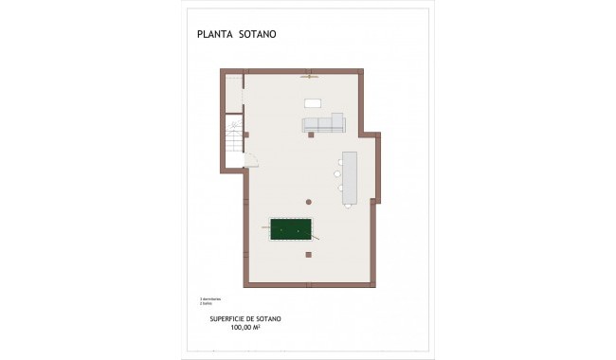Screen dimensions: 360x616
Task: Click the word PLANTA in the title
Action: [x=216, y=37]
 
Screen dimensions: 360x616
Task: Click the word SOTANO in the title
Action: [x=259, y=37]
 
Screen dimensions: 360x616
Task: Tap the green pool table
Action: [x=290, y=230]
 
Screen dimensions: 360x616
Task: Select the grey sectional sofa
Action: [x=324, y=124]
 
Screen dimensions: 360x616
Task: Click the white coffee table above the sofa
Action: [x=312, y=102]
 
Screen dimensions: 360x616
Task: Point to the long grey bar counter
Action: [x=350, y=177]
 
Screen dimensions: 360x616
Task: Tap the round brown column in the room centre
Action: [x=308, y=201]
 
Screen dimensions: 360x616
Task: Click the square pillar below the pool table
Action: [x=308, y=254]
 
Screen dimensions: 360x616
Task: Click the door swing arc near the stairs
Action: [x=252, y=161]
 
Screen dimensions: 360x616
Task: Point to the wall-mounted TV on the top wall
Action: [x=308, y=76]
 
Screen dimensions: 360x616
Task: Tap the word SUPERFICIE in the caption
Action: [x=228, y=318]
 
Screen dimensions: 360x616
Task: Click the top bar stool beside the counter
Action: [x=338, y=161]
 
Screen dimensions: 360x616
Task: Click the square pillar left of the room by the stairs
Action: [x=246, y=135]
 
